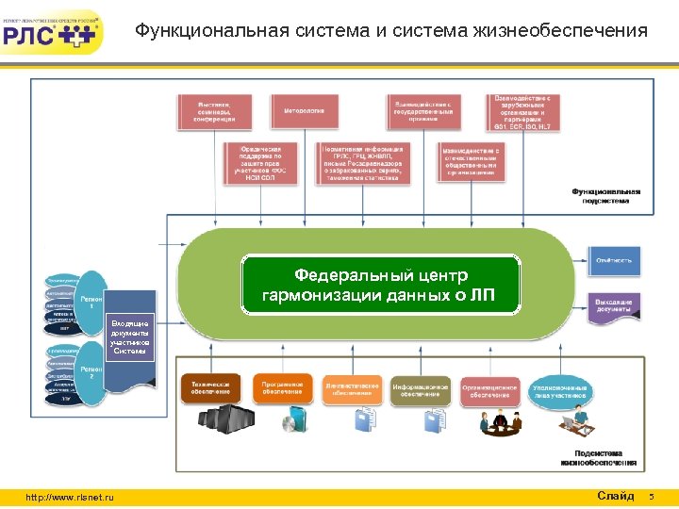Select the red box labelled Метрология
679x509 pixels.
[x=304, y=111]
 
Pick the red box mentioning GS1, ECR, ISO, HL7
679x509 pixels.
[x=522, y=111]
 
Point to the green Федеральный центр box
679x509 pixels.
[x=381, y=286]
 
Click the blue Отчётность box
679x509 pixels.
[x=614, y=259]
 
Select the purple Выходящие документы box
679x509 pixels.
[x=614, y=305]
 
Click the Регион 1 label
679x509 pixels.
[x=91, y=303]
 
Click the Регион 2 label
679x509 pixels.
[x=91, y=373]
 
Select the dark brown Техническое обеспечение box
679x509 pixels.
[x=211, y=388]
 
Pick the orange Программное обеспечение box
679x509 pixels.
[x=282, y=388]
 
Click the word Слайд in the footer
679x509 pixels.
[x=615, y=496]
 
